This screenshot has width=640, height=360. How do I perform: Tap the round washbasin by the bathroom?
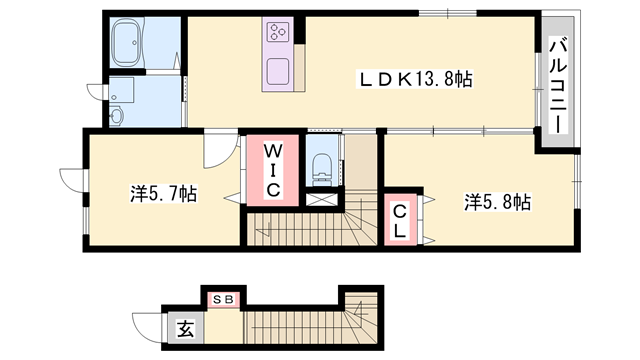click(116, 116)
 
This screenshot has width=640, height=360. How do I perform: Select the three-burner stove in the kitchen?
click(277, 33)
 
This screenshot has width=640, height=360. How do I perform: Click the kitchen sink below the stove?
click(278, 71)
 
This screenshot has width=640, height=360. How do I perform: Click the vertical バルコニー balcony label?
click(557, 85)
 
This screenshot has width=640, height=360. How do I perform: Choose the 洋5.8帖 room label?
click(497, 201)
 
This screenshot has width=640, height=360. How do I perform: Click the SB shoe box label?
click(222, 297)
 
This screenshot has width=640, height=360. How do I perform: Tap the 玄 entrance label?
click(186, 326)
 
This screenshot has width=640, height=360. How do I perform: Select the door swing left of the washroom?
click(97, 89)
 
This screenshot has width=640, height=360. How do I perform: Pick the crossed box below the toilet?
click(322, 199)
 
